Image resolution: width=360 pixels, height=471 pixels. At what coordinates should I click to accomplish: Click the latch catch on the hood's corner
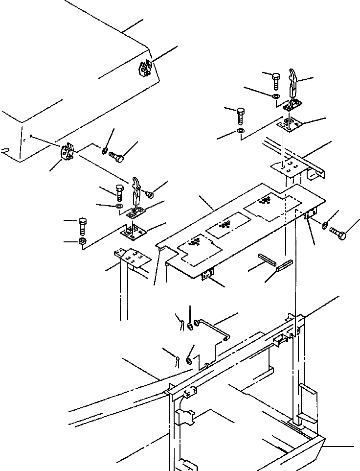(145, 69)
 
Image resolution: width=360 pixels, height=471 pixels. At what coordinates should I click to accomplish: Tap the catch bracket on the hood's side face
(66, 151)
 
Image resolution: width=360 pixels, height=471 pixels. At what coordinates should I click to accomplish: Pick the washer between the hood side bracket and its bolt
(105, 150)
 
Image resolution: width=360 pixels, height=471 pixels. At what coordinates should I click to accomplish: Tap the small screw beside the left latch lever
(150, 195)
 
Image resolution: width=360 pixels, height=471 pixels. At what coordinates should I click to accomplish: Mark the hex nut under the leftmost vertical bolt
(82, 241)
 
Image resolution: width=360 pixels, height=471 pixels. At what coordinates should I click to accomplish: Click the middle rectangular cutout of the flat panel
(226, 224)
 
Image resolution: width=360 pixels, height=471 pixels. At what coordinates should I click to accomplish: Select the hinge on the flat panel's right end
(309, 215)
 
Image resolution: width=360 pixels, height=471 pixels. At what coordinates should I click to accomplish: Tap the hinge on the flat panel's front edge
(207, 276)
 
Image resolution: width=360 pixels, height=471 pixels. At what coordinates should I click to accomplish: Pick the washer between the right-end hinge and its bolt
(325, 225)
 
